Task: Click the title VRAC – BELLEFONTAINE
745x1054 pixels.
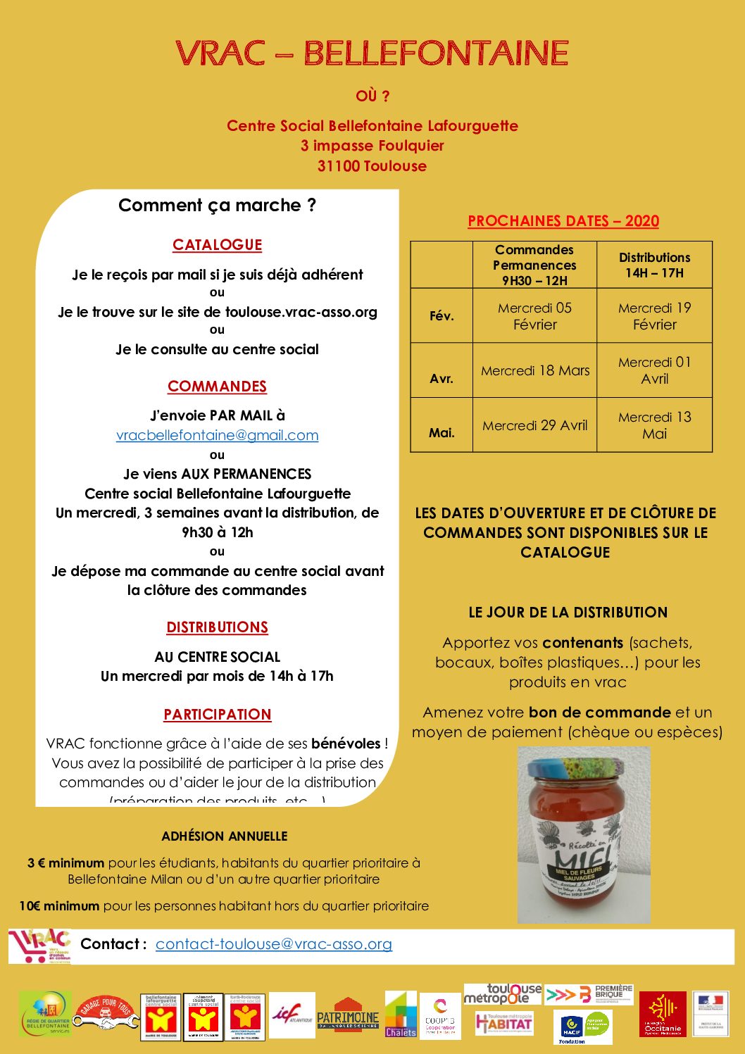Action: (x=372, y=54)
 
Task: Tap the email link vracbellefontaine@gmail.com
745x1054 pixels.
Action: (x=217, y=435)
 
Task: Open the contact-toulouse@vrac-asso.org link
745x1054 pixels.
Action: (x=273, y=943)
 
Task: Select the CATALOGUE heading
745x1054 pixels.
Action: (x=217, y=245)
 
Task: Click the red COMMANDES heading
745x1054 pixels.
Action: (x=217, y=387)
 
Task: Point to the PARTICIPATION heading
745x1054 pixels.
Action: (x=217, y=715)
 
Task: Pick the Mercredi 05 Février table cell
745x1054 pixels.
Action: (x=534, y=316)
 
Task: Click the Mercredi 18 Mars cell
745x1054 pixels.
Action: (x=534, y=370)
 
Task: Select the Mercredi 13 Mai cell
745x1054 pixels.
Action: (x=654, y=425)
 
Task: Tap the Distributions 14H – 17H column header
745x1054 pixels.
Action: (x=654, y=265)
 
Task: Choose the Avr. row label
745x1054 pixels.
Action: (x=442, y=378)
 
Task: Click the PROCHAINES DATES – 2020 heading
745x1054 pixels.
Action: (x=563, y=221)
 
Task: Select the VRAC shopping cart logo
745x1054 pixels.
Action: (x=39, y=946)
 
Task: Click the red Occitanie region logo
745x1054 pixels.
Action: (x=662, y=1015)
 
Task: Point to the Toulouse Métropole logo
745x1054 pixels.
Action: (x=502, y=994)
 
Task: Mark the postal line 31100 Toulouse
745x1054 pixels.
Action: (x=372, y=166)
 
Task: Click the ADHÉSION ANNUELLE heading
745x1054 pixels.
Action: (x=224, y=836)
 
